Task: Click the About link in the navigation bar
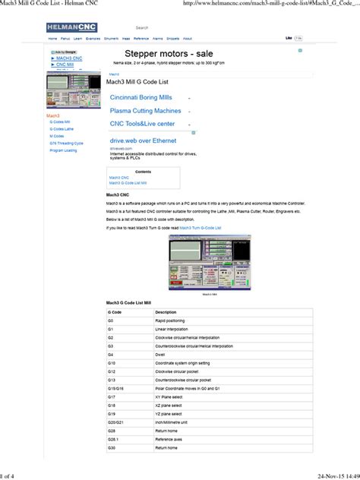click(188, 38)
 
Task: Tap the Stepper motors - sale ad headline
click(169, 54)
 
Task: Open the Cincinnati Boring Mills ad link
click(143, 98)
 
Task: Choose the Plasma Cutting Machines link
click(145, 111)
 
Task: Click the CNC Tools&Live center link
click(142, 124)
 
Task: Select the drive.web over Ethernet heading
click(143, 141)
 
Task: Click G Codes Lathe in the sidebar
click(62, 128)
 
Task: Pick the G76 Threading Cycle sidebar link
click(66, 143)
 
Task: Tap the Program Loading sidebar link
click(63, 150)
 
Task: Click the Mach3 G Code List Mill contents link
click(128, 183)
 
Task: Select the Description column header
click(166, 312)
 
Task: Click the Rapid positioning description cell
click(171, 321)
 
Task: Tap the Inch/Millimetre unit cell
click(173, 422)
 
